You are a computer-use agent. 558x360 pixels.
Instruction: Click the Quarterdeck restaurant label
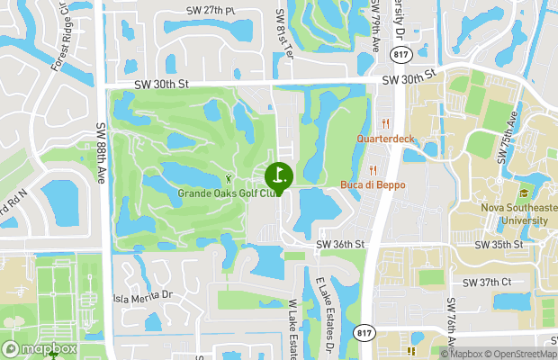pyautogui.click(x=385, y=139)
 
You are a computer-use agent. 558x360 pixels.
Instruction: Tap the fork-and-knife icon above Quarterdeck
pyautogui.click(x=385, y=124)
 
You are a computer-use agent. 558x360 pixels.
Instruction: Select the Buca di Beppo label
pyautogui.click(x=373, y=185)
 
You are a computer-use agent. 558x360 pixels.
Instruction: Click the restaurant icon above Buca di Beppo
pyautogui.click(x=373, y=171)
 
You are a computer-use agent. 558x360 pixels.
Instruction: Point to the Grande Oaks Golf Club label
pyautogui.click(x=225, y=193)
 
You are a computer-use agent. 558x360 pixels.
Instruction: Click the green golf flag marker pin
pyautogui.click(x=278, y=175)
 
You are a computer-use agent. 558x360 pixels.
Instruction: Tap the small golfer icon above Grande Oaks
pyautogui.click(x=228, y=178)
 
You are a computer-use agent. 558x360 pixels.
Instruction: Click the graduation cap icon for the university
pyautogui.click(x=522, y=193)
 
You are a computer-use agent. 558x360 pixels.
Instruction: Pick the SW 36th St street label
pyautogui.click(x=339, y=245)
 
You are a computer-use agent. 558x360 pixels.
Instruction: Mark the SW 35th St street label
pyautogui.click(x=499, y=245)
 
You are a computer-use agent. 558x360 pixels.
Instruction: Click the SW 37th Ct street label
pyautogui.click(x=486, y=282)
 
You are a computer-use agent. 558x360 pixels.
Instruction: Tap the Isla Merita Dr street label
pyautogui.click(x=142, y=295)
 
